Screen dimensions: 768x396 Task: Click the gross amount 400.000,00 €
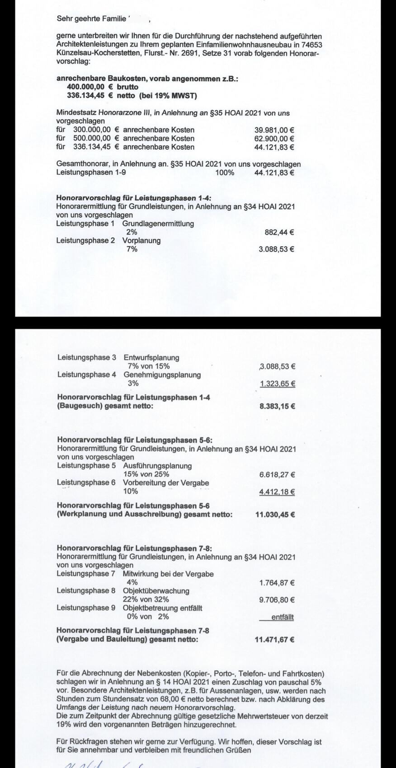90,87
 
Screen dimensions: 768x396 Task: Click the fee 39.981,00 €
274,130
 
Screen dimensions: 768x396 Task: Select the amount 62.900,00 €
274,139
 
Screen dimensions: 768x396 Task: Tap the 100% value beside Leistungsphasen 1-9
225,173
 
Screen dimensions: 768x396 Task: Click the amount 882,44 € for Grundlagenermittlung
279,232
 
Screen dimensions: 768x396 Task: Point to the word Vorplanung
141,241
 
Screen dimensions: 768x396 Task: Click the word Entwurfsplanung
151,358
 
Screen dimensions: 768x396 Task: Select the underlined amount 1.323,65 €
278,384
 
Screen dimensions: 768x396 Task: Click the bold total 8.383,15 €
277,406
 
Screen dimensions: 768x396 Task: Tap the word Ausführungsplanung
157,466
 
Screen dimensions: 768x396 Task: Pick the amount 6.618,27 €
277,475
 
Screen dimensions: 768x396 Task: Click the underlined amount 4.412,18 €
277,492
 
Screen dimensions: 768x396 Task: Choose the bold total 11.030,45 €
275,514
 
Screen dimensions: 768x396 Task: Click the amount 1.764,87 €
277,583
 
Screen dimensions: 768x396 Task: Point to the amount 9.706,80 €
277,600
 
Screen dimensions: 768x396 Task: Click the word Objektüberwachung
156,591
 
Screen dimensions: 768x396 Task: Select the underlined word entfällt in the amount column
283,617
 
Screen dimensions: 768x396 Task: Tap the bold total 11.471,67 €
275,640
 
